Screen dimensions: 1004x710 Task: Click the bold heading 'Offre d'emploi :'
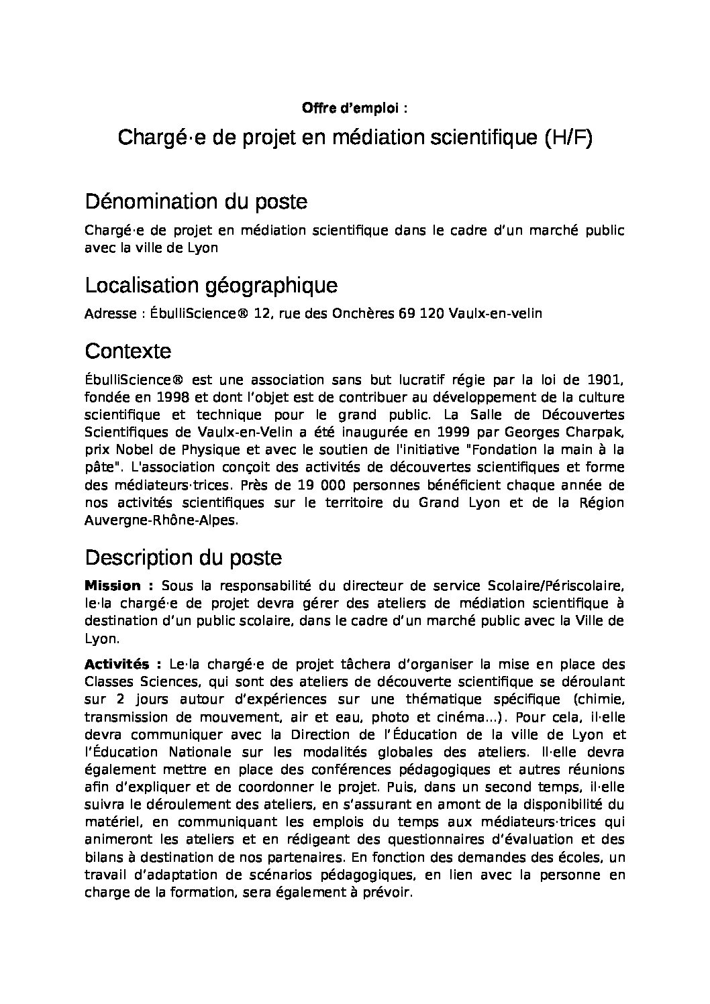pyautogui.click(x=354, y=108)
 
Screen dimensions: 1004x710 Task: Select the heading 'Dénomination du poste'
pyautogui.click(x=197, y=201)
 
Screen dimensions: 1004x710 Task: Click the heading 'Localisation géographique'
pyautogui.click(x=211, y=286)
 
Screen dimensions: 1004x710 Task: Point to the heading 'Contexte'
pyautogui.click(x=128, y=351)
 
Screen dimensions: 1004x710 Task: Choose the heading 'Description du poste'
pyautogui.click(x=183, y=557)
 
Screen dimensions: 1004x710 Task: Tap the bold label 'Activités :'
pyautogui.click(x=123, y=665)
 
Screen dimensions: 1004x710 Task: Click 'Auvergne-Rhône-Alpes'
pyautogui.click(x=160, y=520)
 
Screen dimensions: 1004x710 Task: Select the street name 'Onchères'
pyautogui.click(x=364, y=314)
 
